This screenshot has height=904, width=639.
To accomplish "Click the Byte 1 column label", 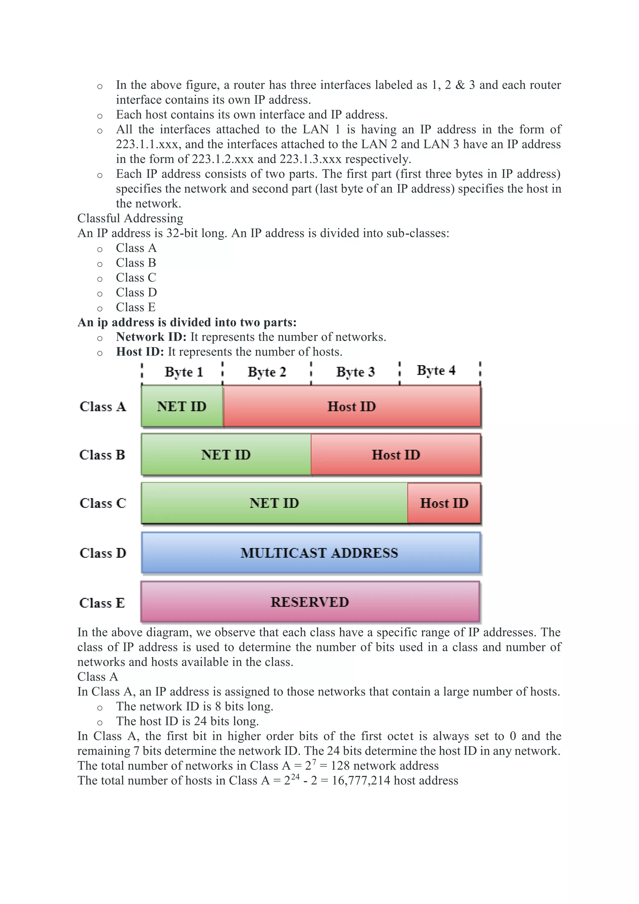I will tap(183, 372).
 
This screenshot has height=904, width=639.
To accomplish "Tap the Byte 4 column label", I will tap(436, 371).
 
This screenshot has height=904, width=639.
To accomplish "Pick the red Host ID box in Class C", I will tap(444, 503).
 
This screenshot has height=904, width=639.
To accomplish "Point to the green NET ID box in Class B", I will tap(226, 455).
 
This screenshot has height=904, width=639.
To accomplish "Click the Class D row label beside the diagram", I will tap(103, 553).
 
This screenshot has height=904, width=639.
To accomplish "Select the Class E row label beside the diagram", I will tap(102, 603).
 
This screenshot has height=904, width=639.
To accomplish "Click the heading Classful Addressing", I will tap(130, 219).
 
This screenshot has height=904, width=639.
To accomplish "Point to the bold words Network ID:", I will tap(151, 337).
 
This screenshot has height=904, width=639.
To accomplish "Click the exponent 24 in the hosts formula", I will tap(295, 777).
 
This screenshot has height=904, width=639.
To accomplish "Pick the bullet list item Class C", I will tap(136, 278).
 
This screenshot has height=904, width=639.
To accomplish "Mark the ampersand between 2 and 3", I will tap(460, 85).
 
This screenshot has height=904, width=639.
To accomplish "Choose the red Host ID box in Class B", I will tap(396, 455).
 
